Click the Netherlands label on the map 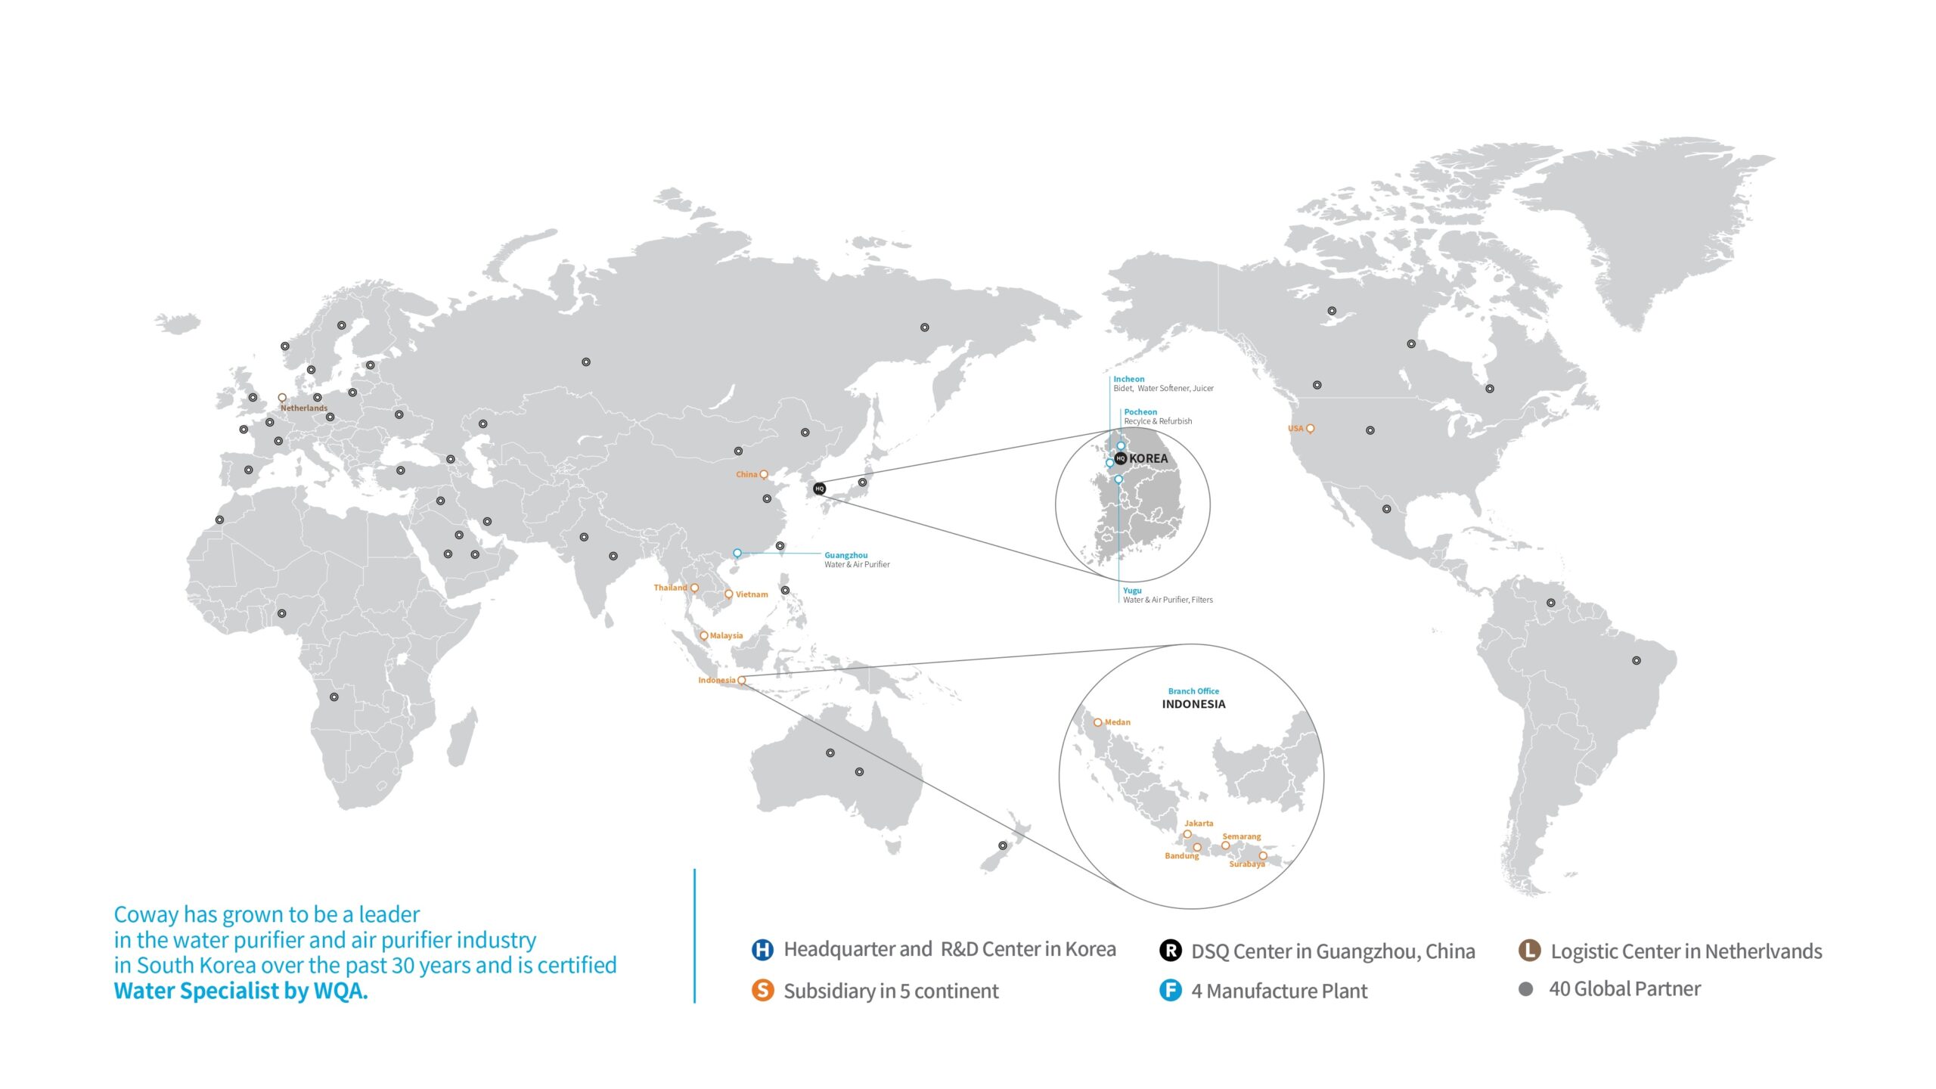point(304,408)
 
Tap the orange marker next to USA point(1310,429)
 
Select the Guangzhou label point(845,555)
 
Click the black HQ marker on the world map point(819,489)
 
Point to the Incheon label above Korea point(1128,379)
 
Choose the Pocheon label point(1140,412)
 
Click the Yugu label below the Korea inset point(1132,591)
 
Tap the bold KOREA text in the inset point(1148,458)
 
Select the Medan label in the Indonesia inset point(1117,722)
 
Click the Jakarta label point(1199,824)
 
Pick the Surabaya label point(1246,864)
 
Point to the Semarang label point(1241,836)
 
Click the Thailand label point(670,588)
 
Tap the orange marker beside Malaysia point(704,636)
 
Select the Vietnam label point(752,594)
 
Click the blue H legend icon point(762,950)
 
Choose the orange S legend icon point(762,990)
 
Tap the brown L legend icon point(1529,951)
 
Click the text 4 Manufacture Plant point(1279,991)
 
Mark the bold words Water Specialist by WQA point(240,991)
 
